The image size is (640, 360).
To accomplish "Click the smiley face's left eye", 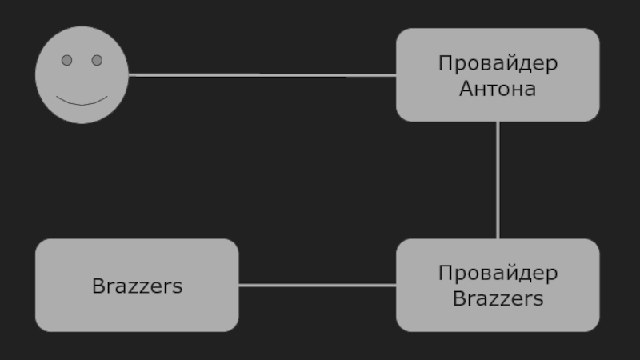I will (x=67, y=60).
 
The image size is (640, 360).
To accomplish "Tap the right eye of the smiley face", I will (x=97, y=60).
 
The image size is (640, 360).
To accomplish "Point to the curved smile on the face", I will (x=82, y=102).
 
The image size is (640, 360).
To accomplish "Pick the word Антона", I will (x=498, y=89).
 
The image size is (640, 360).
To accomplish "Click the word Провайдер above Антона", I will (x=498, y=63).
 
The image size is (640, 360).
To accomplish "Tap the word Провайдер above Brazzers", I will (x=498, y=274).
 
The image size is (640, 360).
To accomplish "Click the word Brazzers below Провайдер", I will (x=498, y=299).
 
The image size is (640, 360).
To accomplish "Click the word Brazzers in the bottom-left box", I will (x=137, y=286).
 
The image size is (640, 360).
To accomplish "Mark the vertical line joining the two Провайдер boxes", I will (x=498, y=180).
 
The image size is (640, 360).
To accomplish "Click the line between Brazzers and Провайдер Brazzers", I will (x=317, y=285).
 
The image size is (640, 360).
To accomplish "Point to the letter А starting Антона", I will (x=466, y=89).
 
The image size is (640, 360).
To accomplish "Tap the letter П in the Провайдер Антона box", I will (x=444, y=63).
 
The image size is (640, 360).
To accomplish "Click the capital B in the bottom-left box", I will (x=98, y=286).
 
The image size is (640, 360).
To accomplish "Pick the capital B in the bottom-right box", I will (x=458, y=299).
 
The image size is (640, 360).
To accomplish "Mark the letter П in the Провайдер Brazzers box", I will (x=444, y=274).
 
